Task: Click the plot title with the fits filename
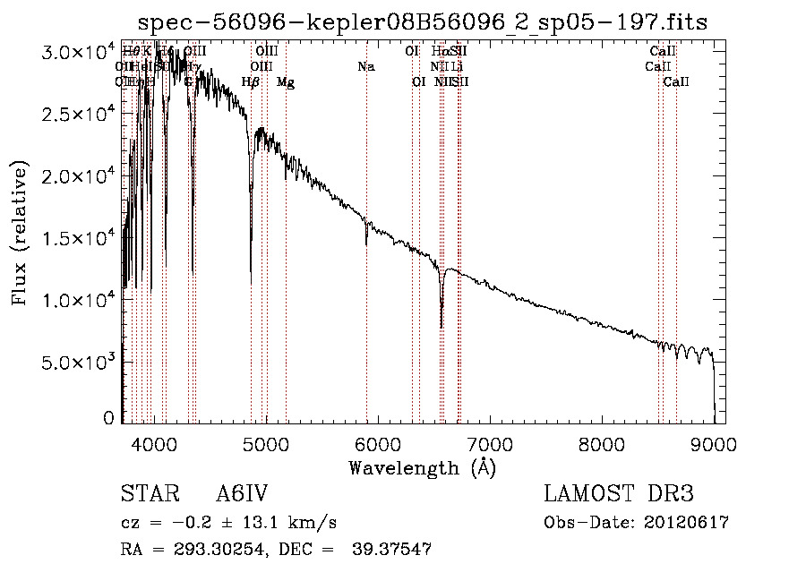[424, 22]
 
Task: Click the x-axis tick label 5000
[265, 444]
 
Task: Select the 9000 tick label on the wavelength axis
[714, 444]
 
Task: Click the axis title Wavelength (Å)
[422, 467]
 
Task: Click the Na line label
[365, 67]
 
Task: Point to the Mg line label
[285, 82]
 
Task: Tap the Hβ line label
[251, 82]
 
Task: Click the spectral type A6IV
[242, 495]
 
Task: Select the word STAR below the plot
[148, 495]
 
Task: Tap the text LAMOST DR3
[619, 495]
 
